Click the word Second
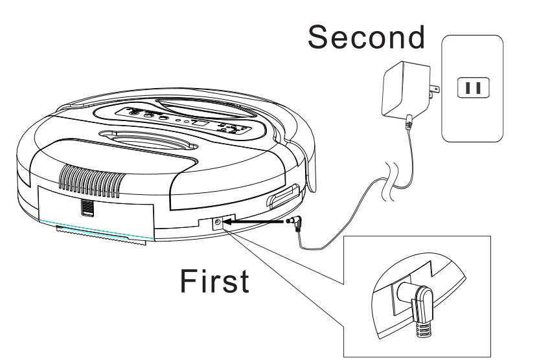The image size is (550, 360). (x=366, y=37)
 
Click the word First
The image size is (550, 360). (x=214, y=280)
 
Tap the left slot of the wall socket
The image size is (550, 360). (x=468, y=87)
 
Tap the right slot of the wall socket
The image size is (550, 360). (x=477, y=87)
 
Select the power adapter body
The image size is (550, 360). (x=405, y=89)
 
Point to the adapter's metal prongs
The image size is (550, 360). (x=434, y=91)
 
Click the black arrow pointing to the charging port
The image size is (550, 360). (x=253, y=221)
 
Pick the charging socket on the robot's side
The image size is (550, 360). (x=218, y=222)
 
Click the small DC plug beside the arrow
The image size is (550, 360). (x=294, y=223)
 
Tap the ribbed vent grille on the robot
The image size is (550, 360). (x=92, y=181)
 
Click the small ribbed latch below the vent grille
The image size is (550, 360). (x=87, y=207)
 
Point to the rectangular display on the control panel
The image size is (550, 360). (x=200, y=124)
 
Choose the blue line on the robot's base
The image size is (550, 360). (x=97, y=229)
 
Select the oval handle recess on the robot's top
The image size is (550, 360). (x=149, y=139)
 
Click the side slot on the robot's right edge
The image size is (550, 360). (x=283, y=197)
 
